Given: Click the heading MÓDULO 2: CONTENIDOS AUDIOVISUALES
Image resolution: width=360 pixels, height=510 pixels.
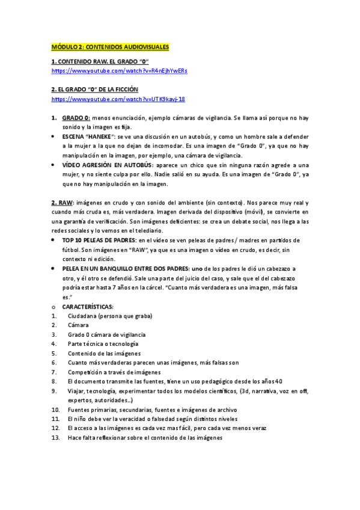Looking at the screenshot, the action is pyautogui.click(x=110, y=46).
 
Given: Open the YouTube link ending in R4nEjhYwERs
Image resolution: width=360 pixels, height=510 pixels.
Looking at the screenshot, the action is pyautogui.click(x=119, y=70).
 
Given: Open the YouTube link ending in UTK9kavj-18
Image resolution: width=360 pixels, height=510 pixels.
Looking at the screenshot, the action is pyautogui.click(x=118, y=99).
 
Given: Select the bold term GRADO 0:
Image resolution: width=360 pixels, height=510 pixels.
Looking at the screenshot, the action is pyautogui.click(x=76, y=117).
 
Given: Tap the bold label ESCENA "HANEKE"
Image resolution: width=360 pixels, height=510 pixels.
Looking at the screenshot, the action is pyautogui.click(x=88, y=137).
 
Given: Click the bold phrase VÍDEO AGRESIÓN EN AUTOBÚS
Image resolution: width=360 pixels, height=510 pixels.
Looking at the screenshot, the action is pyautogui.click(x=108, y=165).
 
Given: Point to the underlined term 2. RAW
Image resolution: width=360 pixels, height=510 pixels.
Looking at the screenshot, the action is pyautogui.click(x=62, y=203).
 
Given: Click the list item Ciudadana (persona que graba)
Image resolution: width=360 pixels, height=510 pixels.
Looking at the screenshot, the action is pyautogui.click(x=110, y=316).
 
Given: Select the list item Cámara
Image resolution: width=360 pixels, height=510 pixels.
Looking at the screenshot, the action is pyautogui.click(x=78, y=325).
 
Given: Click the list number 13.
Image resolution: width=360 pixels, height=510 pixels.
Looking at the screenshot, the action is pyautogui.click(x=55, y=438).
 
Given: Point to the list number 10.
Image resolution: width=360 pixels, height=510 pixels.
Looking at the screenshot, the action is pyautogui.click(x=55, y=410).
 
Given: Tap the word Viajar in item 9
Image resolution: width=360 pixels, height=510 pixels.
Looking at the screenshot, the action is pyautogui.click(x=76, y=391).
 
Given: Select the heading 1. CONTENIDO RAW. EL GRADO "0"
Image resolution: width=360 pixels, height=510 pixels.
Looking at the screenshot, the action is pyautogui.click(x=100, y=61).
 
